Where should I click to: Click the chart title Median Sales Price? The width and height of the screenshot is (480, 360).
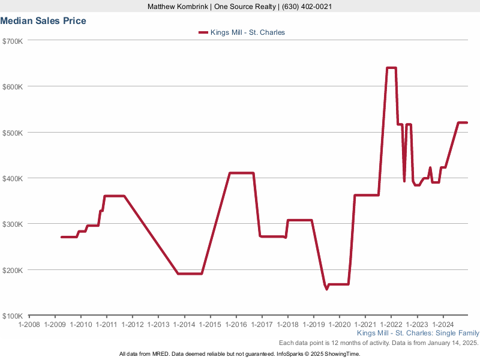43,21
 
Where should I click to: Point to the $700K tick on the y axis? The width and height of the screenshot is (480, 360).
13,41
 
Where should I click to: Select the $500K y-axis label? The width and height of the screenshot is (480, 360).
13,133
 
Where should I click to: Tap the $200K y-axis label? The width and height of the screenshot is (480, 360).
13,270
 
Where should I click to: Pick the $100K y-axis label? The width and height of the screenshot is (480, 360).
13,316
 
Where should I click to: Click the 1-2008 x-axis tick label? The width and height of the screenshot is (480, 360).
29,325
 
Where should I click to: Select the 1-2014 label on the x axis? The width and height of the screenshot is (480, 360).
184,325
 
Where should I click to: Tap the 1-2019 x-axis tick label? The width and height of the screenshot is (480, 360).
313,325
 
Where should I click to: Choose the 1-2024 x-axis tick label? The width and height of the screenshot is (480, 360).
442,325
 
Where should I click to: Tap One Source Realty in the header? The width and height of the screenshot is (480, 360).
241,7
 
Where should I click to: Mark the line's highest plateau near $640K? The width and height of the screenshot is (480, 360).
391,68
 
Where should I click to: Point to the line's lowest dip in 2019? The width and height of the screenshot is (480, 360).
327,289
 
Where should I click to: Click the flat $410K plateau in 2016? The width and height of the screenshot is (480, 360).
241,173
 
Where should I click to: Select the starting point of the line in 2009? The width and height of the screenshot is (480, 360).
62,237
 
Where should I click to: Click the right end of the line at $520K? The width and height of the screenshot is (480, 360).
467,122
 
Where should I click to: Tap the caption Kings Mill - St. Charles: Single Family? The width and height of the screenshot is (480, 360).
418,333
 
